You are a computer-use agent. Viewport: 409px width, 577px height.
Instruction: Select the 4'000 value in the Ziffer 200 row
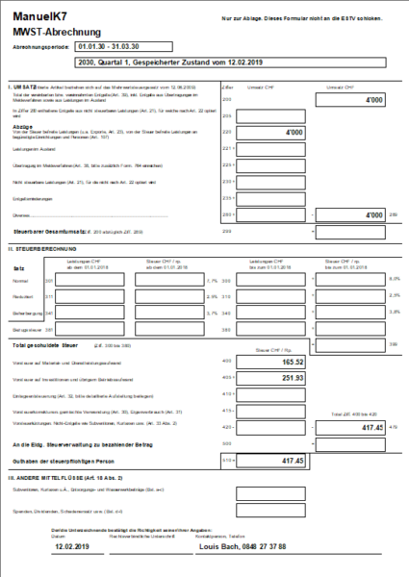371,100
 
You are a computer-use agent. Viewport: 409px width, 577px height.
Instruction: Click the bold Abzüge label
22,126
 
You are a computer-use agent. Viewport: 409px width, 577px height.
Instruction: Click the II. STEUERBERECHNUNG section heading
42,247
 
